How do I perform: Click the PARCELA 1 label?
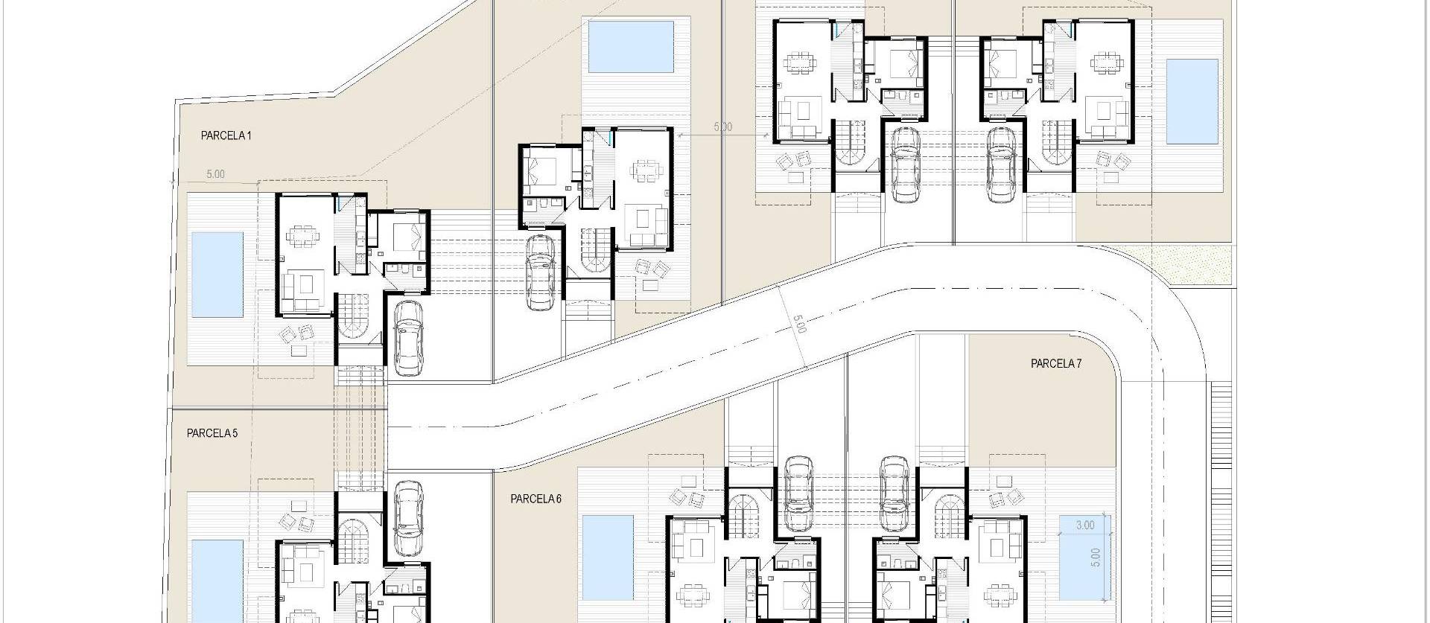coord(226,135)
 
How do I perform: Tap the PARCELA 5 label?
coord(212,433)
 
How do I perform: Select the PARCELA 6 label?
coord(536,499)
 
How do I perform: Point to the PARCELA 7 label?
coord(1056,364)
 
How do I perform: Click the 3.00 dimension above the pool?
coord(1085,525)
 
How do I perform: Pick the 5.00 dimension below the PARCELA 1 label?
coord(214,175)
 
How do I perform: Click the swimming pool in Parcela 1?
coord(217,274)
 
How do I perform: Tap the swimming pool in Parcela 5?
coord(217,581)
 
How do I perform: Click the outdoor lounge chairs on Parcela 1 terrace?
coord(295,336)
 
